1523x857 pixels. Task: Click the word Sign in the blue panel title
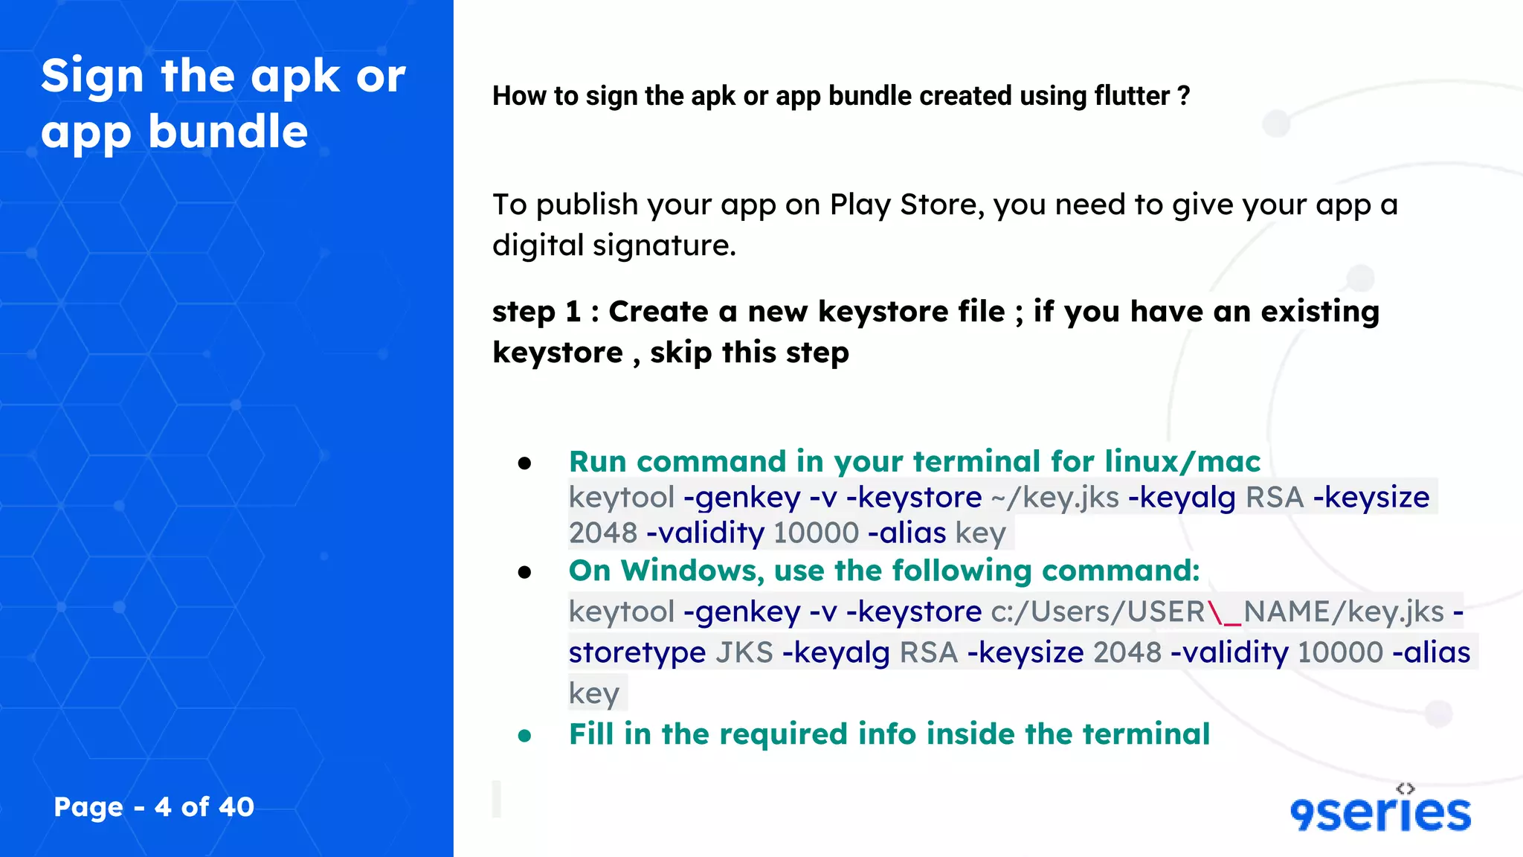point(92,77)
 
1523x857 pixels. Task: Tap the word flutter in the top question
point(1132,96)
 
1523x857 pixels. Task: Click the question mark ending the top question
point(1184,96)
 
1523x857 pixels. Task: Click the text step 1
point(536,312)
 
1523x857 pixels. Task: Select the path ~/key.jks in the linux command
point(1055,498)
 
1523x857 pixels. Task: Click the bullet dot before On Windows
point(525,572)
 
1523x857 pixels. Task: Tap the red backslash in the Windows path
point(1215,612)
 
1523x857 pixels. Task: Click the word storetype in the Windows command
point(637,652)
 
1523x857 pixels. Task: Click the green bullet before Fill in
point(525,736)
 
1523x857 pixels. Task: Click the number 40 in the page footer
point(236,807)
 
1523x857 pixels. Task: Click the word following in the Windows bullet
point(962,571)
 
